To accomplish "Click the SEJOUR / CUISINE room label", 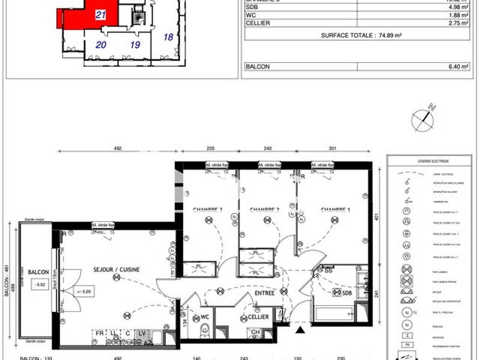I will click(116, 269).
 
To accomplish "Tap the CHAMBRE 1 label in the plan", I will click(335, 209).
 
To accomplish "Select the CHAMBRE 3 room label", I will click(208, 209).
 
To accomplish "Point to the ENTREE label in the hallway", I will click(264, 293).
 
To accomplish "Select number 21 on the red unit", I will click(101, 16).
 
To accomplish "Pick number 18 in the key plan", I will click(169, 37).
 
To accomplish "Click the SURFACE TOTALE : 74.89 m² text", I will click(361, 35).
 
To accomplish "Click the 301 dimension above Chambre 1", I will click(333, 148).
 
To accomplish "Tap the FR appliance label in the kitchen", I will click(99, 333).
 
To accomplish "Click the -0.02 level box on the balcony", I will click(40, 285).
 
